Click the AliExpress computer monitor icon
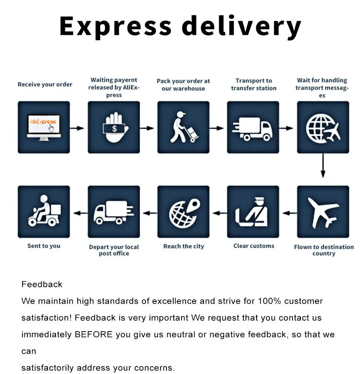pyautogui.click(x=44, y=127)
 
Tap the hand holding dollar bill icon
pyautogui.click(x=114, y=127)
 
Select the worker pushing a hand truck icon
pyautogui.click(x=183, y=127)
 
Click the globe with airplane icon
pyautogui.click(x=323, y=127)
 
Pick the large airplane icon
pyautogui.click(x=323, y=212)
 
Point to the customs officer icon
pyautogui.click(x=253, y=212)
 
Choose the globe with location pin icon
pyautogui.click(x=183, y=212)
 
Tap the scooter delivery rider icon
pyautogui.click(x=44, y=212)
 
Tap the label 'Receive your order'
pyautogui.click(x=45, y=84)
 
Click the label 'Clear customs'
pyautogui.click(x=254, y=246)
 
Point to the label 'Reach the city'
pyautogui.click(x=184, y=246)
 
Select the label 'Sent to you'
pyautogui.click(x=44, y=246)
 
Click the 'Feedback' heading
pyautogui.click(x=42, y=284)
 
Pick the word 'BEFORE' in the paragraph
pyautogui.click(x=94, y=334)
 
